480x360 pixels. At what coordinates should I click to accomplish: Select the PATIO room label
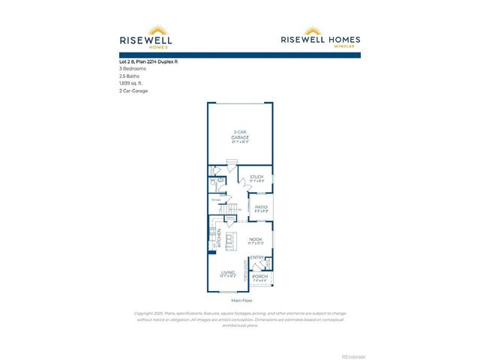click(x=261, y=208)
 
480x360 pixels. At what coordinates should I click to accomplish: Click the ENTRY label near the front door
click(x=256, y=258)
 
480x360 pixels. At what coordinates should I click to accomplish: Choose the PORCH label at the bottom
click(x=259, y=277)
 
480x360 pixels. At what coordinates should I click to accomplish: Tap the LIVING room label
click(x=228, y=272)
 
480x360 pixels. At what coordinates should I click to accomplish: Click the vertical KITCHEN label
click(x=218, y=238)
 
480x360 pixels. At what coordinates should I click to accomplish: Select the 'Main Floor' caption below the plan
click(x=240, y=299)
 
